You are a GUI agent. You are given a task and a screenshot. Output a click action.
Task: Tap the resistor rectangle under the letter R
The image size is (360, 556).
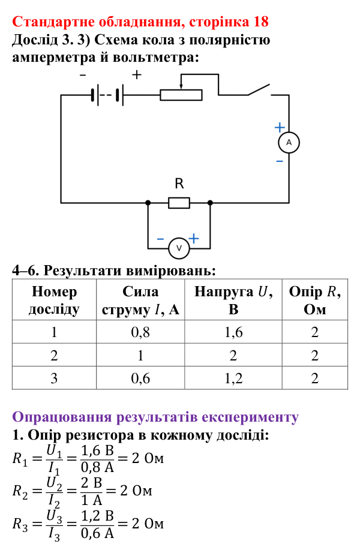tap(179, 203)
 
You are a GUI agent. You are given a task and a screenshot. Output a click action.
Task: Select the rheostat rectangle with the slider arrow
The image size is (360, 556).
tap(181, 95)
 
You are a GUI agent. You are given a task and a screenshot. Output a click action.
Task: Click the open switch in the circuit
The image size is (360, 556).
tap(259, 90)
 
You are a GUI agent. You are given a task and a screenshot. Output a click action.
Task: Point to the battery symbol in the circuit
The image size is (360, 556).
tap(107, 95)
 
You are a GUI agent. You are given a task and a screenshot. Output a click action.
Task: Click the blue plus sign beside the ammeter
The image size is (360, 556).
tap(280, 127)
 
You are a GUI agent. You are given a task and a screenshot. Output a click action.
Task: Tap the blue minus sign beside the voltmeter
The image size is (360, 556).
tap(161, 239)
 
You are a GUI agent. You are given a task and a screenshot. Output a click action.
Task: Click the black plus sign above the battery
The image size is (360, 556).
tap(137, 74)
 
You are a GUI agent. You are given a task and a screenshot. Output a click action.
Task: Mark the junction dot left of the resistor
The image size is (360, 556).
tap(148, 203)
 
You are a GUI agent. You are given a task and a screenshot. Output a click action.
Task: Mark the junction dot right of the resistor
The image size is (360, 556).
tap(210, 203)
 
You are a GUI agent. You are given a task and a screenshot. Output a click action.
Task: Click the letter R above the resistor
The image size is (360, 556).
tap(179, 184)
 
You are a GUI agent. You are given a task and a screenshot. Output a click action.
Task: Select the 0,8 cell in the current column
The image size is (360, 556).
tap(140, 332)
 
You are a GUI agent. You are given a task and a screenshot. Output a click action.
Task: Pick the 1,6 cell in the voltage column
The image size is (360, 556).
tap(233, 332)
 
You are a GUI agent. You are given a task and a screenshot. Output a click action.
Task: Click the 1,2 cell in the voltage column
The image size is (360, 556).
tap(233, 378)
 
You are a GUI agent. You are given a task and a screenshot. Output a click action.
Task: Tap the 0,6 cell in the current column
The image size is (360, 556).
tap(140, 378)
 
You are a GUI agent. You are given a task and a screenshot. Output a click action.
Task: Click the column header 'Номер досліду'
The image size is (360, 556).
tap(54, 300)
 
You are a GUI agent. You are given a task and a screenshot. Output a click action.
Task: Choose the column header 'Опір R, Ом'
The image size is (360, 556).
tap(315, 300)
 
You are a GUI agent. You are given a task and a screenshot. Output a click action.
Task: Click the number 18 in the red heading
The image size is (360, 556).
tap(260, 22)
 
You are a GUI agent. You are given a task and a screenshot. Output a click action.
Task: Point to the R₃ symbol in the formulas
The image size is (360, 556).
tap(20, 524)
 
